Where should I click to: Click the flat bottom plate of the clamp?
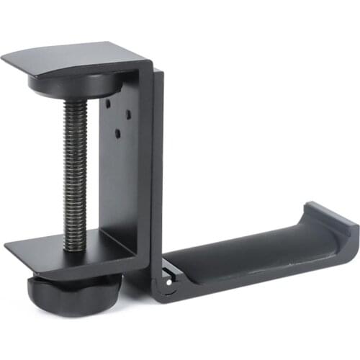tap(65, 248)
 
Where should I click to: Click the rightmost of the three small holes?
tap(127, 114)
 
